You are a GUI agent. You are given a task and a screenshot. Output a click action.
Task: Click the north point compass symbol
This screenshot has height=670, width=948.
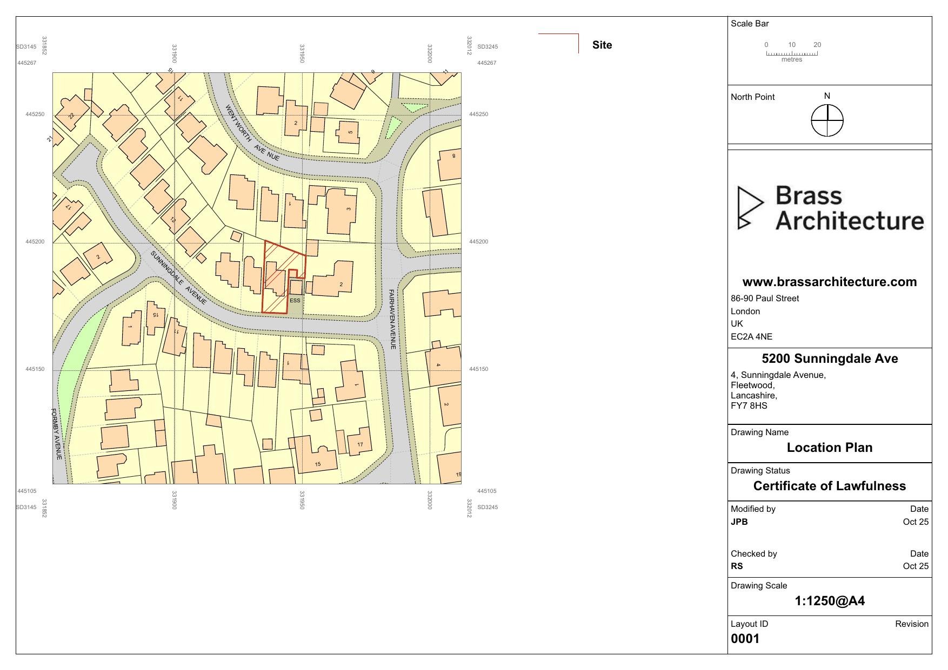coord(827,120)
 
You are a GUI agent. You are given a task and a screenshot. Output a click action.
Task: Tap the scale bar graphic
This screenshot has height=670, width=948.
coord(792,53)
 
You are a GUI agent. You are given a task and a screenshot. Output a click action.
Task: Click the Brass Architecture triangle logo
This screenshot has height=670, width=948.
coord(750,208)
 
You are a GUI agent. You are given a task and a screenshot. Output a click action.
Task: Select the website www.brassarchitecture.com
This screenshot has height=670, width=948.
coord(829,282)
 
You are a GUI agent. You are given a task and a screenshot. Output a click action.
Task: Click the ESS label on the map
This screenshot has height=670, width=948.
coord(295,301)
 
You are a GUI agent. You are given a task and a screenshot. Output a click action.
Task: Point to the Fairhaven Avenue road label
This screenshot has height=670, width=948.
coord(392,319)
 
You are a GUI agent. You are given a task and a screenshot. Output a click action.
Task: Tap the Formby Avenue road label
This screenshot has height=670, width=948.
coord(57,434)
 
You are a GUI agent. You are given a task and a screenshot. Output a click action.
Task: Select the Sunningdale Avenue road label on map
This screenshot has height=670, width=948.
coord(178,278)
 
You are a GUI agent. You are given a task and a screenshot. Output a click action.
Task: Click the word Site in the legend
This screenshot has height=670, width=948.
coord(602,45)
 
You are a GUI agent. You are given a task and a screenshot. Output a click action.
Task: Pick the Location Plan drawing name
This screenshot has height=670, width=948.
coord(829,448)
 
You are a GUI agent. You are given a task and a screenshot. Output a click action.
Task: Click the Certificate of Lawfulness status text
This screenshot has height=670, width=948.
coord(829,486)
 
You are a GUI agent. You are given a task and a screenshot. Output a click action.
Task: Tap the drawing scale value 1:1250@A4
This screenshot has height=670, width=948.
coord(829,601)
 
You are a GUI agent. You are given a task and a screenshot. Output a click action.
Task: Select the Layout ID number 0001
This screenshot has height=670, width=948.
coord(745,639)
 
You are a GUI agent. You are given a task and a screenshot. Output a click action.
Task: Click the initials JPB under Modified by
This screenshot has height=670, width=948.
coord(739,522)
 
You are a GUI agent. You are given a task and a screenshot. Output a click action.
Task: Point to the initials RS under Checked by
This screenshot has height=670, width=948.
coord(737,566)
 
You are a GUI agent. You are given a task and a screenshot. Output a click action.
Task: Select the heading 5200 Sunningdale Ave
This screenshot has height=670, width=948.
coord(829,358)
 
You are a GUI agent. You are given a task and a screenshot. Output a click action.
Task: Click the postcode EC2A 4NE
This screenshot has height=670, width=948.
coord(751,337)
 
